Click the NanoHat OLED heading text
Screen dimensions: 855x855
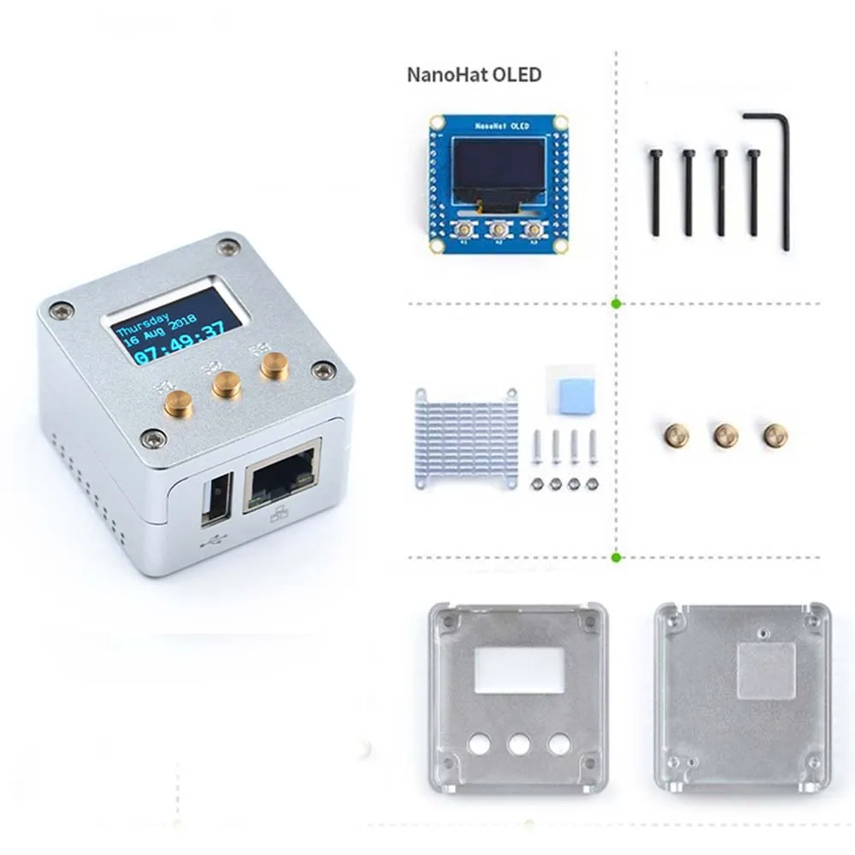474,74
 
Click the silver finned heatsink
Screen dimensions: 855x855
467,439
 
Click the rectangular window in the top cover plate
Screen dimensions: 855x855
519,669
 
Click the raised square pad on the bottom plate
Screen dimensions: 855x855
766,671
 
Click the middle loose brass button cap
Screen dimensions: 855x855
725,436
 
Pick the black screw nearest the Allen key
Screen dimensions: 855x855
752,192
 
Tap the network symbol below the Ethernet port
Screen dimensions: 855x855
280,516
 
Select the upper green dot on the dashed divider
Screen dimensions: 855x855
616,303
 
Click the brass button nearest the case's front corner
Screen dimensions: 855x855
179,403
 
